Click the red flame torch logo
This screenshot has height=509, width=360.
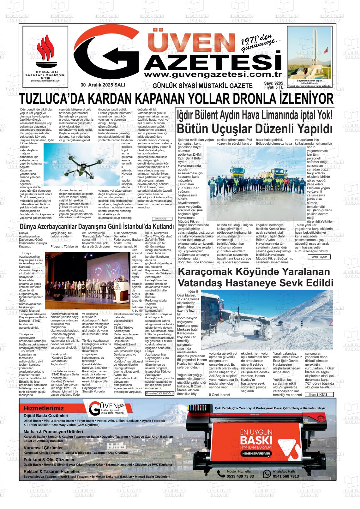45,52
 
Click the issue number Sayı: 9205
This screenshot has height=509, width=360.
273,83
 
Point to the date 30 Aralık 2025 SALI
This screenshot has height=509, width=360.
103,85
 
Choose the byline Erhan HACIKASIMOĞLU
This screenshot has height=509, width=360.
160,394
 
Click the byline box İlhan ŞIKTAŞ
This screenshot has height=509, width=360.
318,394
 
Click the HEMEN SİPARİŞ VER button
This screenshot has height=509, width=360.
256,453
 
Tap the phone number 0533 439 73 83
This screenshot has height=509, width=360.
240,476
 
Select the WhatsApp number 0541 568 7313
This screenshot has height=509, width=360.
286,476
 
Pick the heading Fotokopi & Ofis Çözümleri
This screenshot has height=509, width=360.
50,460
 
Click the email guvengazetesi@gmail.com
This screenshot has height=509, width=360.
45,81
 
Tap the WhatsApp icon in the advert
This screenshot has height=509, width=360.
267,474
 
